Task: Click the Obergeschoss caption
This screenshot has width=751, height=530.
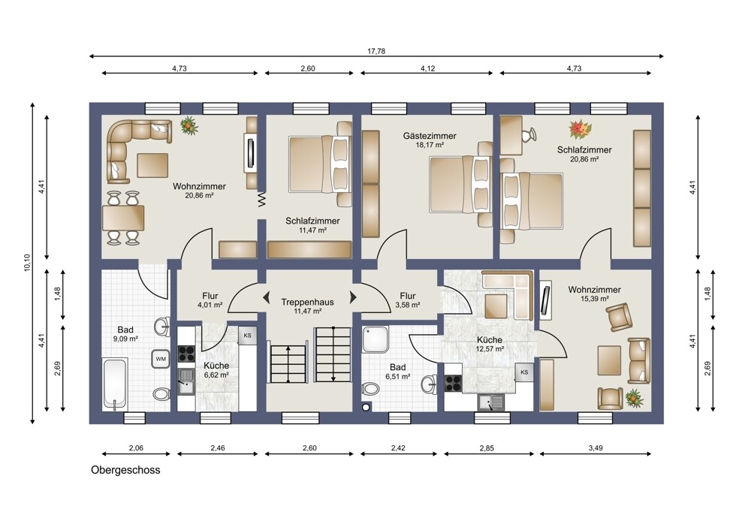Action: click(125, 470)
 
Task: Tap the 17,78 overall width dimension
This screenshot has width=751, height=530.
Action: click(376, 51)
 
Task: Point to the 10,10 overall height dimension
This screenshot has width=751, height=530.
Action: click(27, 263)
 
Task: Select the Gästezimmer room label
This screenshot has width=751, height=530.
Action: click(430, 136)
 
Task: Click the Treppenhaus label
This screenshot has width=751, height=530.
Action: click(307, 302)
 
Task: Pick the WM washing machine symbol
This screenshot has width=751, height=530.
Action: click(161, 359)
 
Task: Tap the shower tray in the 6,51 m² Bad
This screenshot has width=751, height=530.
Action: click(376, 340)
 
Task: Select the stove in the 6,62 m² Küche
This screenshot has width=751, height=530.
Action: click(186, 354)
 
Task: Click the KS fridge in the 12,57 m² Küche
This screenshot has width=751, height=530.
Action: click(524, 372)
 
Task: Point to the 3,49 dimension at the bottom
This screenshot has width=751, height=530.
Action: click(596, 448)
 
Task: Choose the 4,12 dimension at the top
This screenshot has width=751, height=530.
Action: click(428, 68)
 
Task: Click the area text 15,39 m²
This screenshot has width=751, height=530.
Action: click(594, 299)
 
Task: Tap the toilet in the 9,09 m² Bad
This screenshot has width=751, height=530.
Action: click(161, 395)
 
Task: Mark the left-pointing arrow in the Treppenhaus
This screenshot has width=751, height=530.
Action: click(266, 297)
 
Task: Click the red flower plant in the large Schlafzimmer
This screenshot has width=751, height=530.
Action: click(581, 129)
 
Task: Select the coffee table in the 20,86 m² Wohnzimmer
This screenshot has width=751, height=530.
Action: click(152, 166)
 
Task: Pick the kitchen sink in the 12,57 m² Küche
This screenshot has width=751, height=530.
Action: click(491, 402)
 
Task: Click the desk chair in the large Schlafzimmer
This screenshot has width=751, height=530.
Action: click(528, 134)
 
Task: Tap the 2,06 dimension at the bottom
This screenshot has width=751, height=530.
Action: click(136, 448)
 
